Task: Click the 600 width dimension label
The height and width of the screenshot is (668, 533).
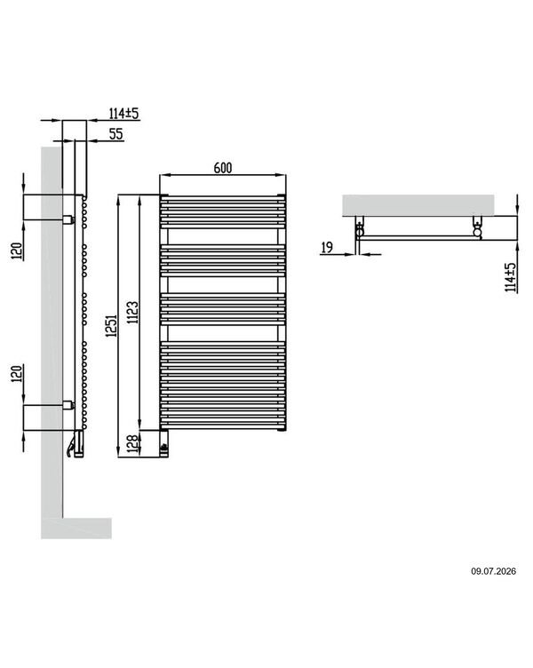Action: (x=223, y=168)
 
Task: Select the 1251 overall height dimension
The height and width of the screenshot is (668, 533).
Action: (x=112, y=326)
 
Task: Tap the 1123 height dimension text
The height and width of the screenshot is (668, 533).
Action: (x=133, y=313)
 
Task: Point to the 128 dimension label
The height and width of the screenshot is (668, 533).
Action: (x=134, y=443)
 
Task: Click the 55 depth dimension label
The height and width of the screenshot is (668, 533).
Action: (x=115, y=134)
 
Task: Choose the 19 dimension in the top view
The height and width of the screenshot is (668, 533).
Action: (x=327, y=248)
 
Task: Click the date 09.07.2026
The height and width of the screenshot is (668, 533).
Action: (x=493, y=571)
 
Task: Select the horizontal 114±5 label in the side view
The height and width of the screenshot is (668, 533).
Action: (x=124, y=114)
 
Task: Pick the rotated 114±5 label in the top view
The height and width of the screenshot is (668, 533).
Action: (x=510, y=277)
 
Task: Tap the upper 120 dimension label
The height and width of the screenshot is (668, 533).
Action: (x=16, y=251)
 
